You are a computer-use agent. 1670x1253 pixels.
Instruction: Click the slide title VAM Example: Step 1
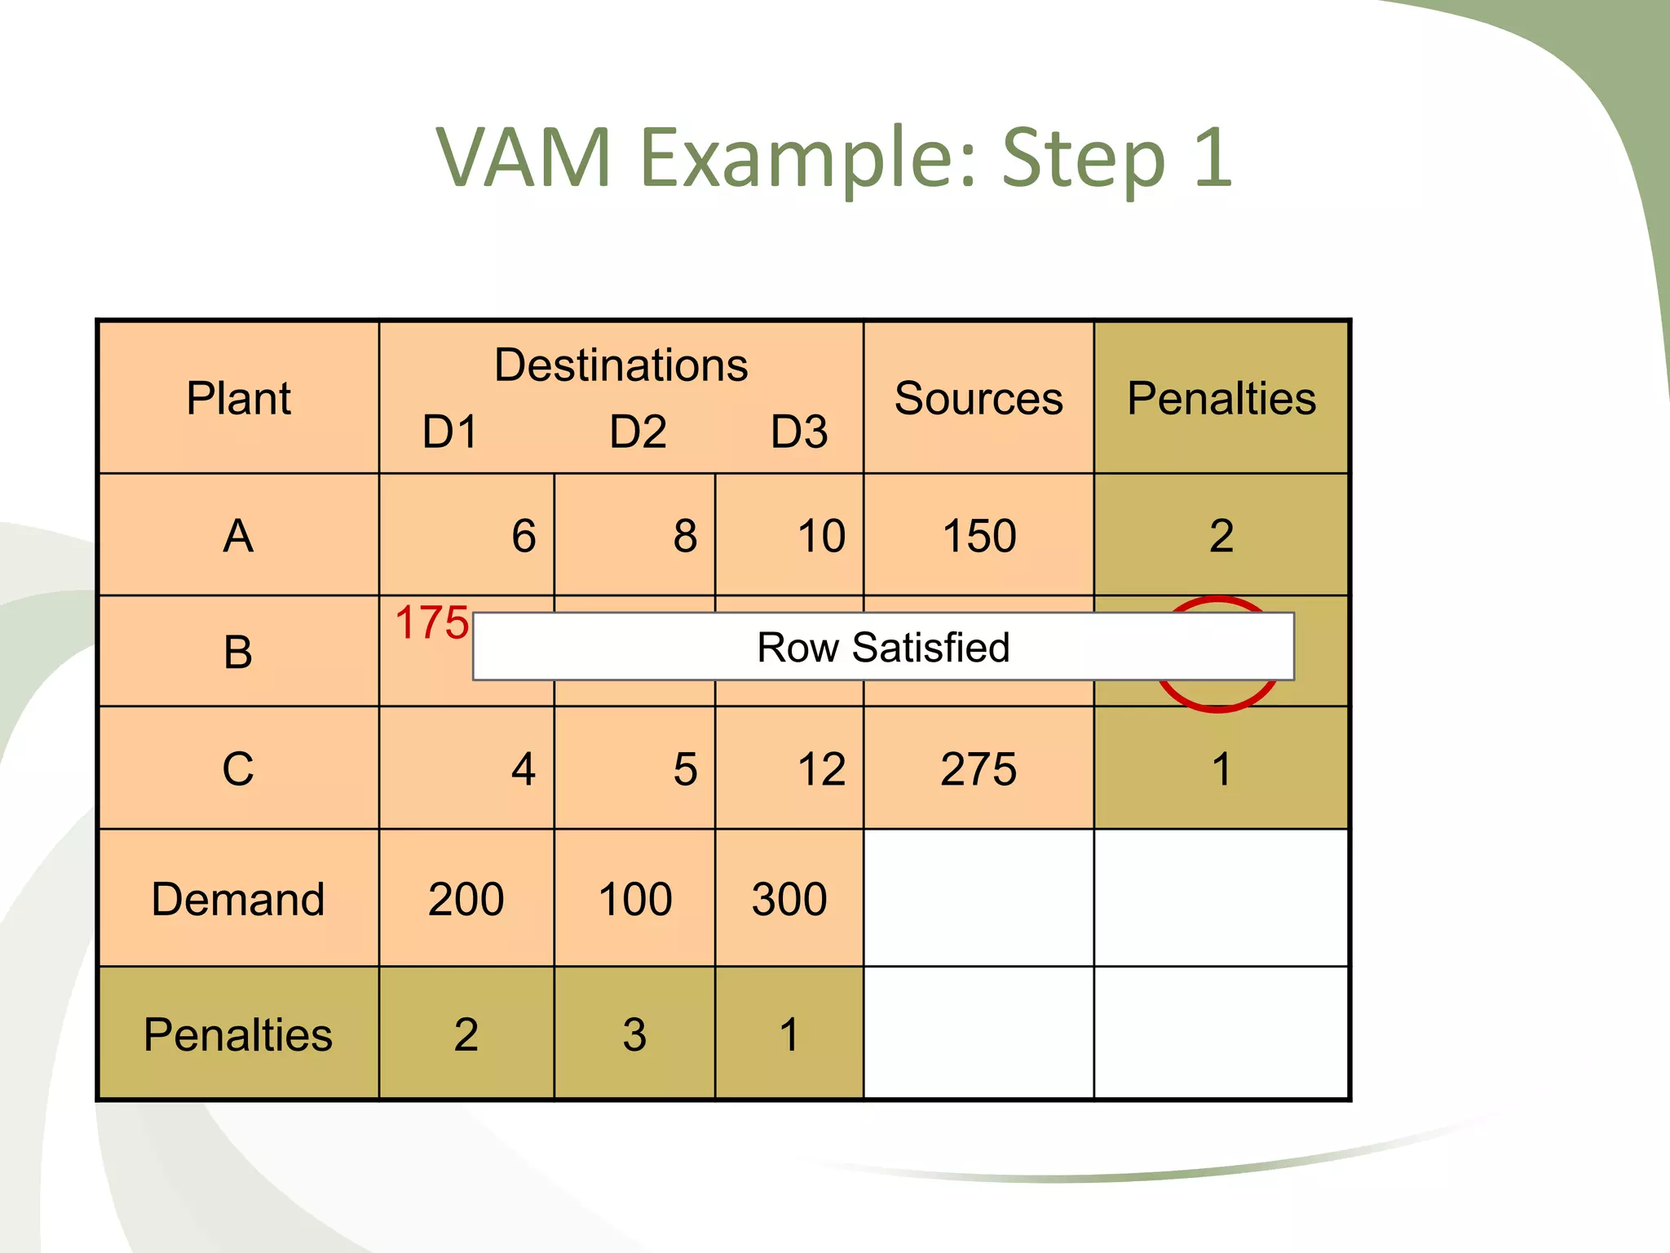[x=833, y=157]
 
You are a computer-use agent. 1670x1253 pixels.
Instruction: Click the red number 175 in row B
[x=431, y=623]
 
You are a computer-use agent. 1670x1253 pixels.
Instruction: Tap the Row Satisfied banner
[x=883, y=647]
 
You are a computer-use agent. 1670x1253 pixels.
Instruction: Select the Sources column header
[x=979, y=398]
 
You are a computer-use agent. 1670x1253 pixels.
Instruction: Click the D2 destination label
[x=638, y=432]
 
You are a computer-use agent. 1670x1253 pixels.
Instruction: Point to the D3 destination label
[x=799, y=432]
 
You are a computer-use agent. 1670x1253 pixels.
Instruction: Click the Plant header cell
[x=238, y=398]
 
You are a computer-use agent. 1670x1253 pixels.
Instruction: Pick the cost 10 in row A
[x=821, y=537]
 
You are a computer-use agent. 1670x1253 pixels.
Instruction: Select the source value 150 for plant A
[x=979, y=537]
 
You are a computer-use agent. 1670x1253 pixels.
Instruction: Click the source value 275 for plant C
[x=979, y=769]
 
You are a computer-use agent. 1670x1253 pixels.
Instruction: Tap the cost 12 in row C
[x=821, y=769]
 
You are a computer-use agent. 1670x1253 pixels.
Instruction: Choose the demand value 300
[x=789, y=899]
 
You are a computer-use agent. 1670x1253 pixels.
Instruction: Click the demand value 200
[x=466, y=899]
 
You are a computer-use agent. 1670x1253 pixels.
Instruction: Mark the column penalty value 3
[x=634, y=1034]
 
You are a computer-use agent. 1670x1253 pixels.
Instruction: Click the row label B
[x=238, y=653]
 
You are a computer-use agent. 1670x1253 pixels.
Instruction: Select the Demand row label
[x=238, y=899]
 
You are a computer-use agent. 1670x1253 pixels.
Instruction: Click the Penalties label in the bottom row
[x=238, y=1034]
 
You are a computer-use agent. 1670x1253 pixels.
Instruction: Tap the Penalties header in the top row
[x=1221, y=398]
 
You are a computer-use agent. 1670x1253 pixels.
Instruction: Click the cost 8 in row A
[x=685, y=537]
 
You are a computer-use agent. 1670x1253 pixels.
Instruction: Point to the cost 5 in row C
[x=685, y=769]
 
